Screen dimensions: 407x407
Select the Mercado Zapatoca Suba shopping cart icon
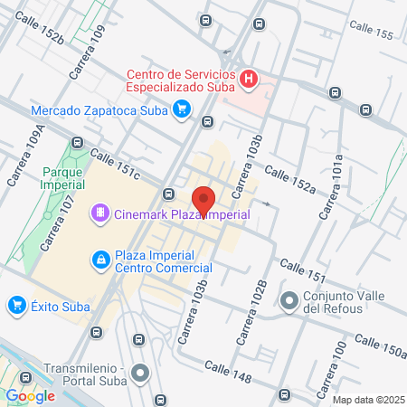click(x=182, y=110)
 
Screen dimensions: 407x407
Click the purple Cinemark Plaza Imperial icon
click(x=99, y=213)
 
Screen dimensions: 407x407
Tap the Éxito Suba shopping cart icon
click(x=15, y=306)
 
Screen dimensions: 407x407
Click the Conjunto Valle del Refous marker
click(x=289, y=300)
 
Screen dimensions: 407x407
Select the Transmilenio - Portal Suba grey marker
click(x=139, y=373)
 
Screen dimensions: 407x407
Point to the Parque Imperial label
click(x=62, y=176)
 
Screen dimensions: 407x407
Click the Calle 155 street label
click(x=372, y=34)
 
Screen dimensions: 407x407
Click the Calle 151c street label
click(x=115, y=164)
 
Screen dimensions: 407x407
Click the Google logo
click(x=31, y=395)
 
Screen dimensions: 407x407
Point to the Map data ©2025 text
click(x=368, y=400)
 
